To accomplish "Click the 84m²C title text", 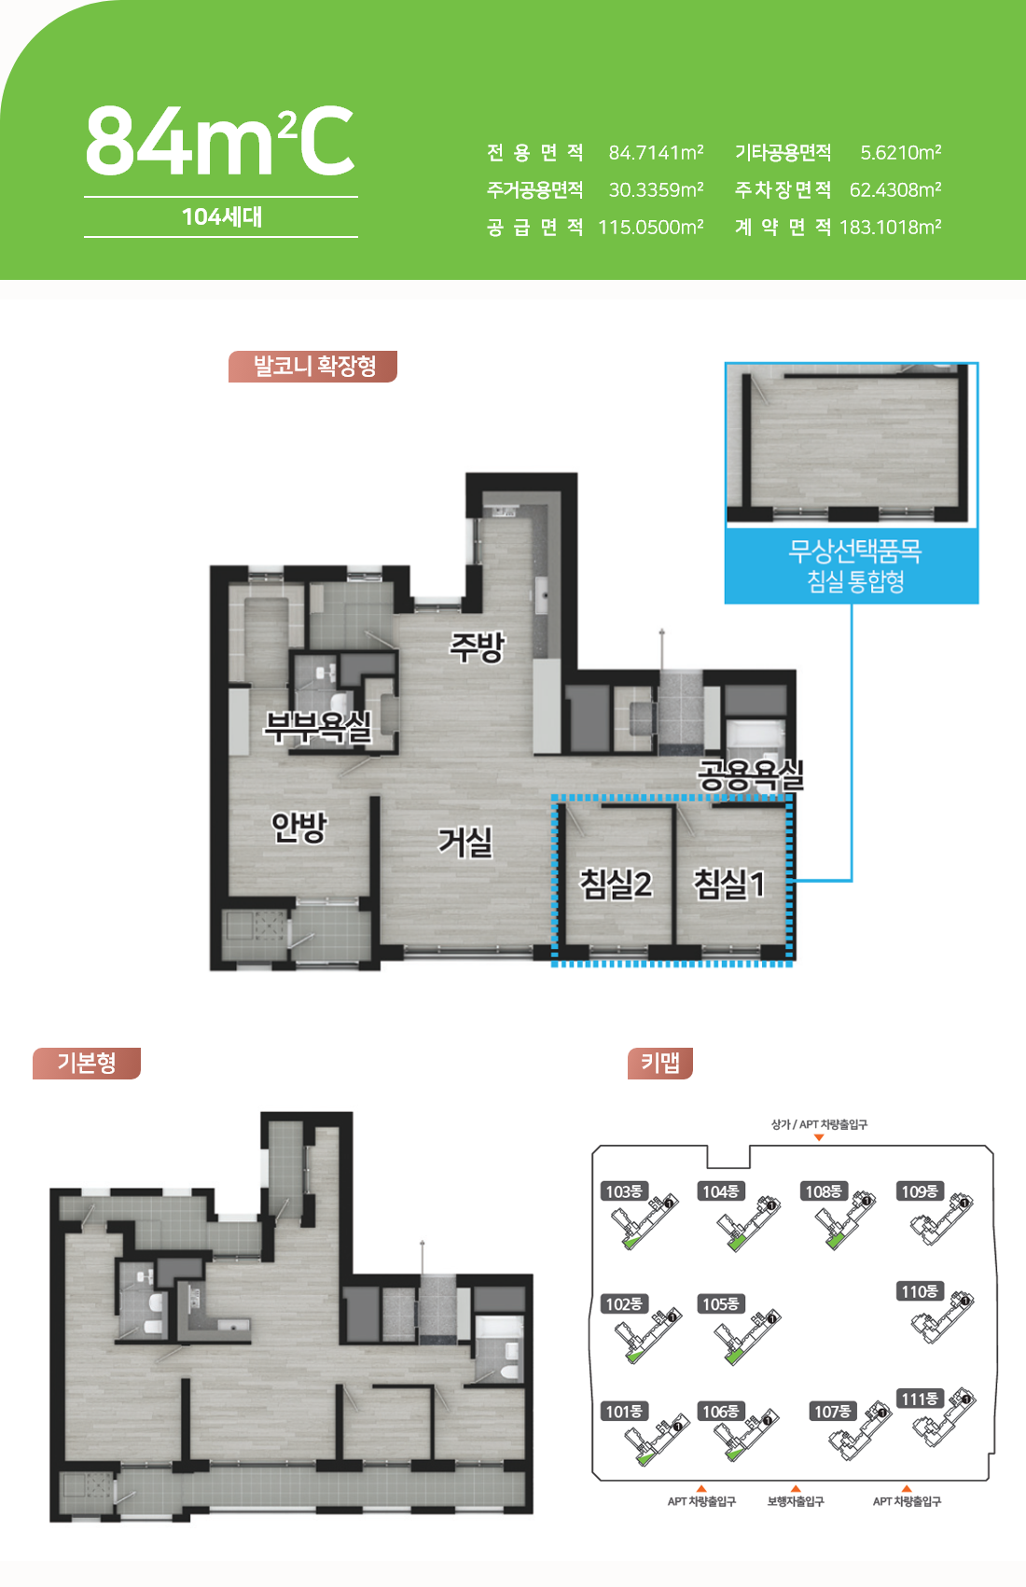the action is click(219, 141).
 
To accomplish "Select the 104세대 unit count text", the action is click(222, 216).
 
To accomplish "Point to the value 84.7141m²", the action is click(656, 152).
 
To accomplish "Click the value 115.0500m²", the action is click(651, 228).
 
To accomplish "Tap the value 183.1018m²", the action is click(890, 228).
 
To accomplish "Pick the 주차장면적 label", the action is click(783, 190).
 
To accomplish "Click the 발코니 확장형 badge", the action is click(313, 367).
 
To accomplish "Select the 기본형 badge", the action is click(87, 1063).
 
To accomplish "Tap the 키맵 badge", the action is click(660, 1063).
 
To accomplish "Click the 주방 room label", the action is click(478, 647).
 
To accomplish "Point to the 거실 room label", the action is click(465, 842).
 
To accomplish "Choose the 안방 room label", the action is click(299, 827).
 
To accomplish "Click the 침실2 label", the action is click(616, 884).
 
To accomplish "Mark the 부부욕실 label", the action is click(318, 726).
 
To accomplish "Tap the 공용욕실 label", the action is click(751, 775).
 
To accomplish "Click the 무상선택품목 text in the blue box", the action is click(855, 551).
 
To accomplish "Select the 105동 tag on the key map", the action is click(721, 1303).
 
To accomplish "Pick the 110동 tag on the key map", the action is click(920, 1291).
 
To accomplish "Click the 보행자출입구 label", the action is click(796, 1501).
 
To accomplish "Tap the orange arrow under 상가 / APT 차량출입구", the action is click(819, 1138).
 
